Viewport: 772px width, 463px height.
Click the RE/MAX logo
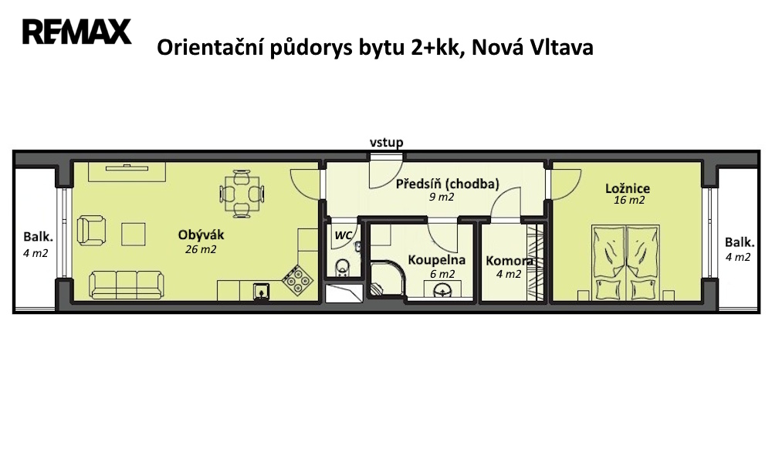coord(76,32)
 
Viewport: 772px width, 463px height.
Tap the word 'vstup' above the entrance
coord(387,143)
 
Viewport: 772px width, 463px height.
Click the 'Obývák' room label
coord(201,235)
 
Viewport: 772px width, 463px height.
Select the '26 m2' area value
coord(201,249)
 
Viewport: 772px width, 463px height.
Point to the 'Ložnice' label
coord(628,188)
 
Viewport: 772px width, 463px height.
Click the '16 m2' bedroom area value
coord(628,201)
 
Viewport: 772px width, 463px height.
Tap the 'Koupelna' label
coord(437,260)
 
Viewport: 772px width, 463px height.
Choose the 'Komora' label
coord(509,261)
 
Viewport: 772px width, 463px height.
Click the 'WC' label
coord(344,235)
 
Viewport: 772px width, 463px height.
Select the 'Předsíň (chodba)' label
coord(448,184)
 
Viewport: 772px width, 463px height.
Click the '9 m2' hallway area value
coord(442,198)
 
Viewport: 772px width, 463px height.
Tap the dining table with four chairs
coord(242,194)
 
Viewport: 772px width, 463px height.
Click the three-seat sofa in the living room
coord(127,285)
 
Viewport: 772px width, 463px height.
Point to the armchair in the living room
coord(92,231)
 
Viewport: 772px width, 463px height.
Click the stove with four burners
coord(298,280)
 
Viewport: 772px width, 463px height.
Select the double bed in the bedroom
coord(626,262)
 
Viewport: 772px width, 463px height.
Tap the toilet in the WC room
coord(343,269)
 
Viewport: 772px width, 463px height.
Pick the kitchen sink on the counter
coord(261,291)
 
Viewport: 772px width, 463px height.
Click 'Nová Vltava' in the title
coord(532,48)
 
